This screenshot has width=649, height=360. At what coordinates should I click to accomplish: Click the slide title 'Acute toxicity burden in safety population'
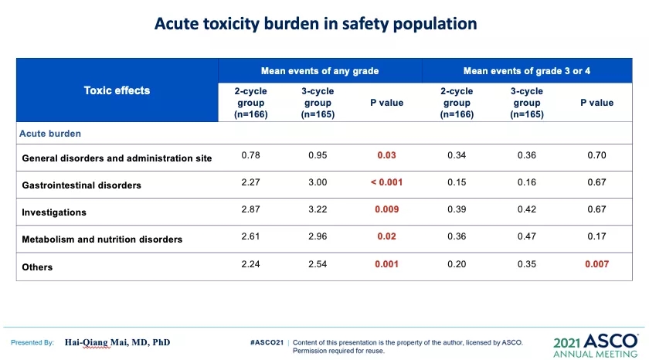tap(315, 23)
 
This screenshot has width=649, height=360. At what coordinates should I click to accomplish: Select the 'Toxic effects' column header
tap(117, 90)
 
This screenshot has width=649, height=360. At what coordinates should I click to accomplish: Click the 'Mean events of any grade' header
tap(320, 71)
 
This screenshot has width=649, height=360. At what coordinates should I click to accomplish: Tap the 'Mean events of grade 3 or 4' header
tap(527, 71)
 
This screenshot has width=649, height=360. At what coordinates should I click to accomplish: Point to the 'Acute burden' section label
tap(50, 133)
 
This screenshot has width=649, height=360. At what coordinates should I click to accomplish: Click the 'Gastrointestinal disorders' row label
tap(82, 185)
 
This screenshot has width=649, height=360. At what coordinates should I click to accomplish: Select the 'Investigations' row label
tap(54, 212)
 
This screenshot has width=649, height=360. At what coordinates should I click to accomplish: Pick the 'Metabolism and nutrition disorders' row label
tap(102, 239)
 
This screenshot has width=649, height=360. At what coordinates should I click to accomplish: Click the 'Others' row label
tap(38, 267)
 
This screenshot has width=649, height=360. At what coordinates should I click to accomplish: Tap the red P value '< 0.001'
tap(386, 183)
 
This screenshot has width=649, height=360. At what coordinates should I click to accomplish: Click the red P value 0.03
tap(386, 156)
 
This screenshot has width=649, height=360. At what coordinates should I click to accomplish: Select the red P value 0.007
tap(596, 264)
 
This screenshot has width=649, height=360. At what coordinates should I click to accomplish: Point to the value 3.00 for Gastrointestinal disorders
tap(318, 183)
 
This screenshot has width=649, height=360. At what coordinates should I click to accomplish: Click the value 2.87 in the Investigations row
tap(250, 210)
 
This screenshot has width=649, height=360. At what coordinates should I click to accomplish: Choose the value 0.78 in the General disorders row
tap(250, 156)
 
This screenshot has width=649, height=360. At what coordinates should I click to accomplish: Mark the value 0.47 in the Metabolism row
tap(527, 237)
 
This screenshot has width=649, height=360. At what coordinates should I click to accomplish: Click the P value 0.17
tap(596, 237)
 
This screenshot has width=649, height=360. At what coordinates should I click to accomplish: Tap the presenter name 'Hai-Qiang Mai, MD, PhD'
tap(117, 342)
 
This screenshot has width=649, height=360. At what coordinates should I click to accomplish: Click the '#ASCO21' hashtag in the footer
tap(267, 341)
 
